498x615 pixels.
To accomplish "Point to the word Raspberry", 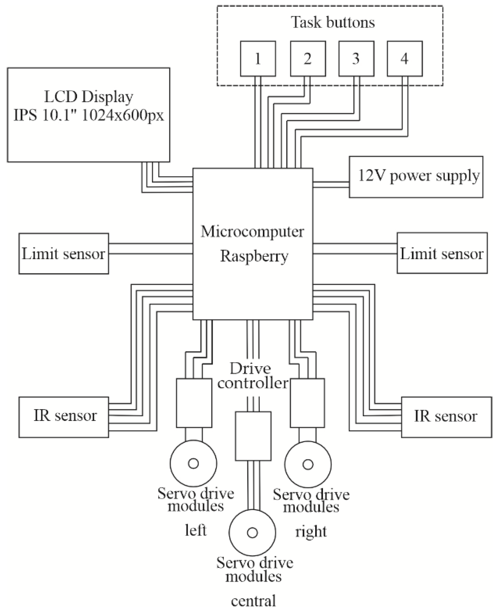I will pos(254,256).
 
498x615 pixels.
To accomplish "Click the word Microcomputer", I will pos(252,232).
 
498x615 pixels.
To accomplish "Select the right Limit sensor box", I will pos(442,253).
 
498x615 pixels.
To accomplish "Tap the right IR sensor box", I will pos(446,417).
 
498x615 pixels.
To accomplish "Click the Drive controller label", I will pos(252,376).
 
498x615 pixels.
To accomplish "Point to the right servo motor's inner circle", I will pos(308,464).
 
